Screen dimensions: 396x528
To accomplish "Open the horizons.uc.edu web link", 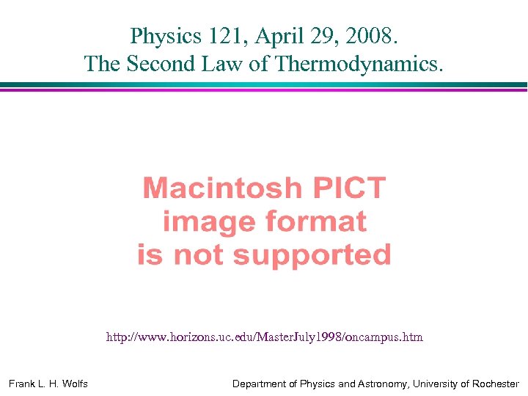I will (x=264, y=337).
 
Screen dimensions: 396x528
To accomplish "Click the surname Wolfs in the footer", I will (x=73, y=384).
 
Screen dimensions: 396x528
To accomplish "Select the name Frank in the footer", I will (x=22, y=384).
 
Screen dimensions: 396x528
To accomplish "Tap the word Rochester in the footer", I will (x=493, y=384).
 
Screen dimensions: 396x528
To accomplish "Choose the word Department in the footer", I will (x=260, y=384).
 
